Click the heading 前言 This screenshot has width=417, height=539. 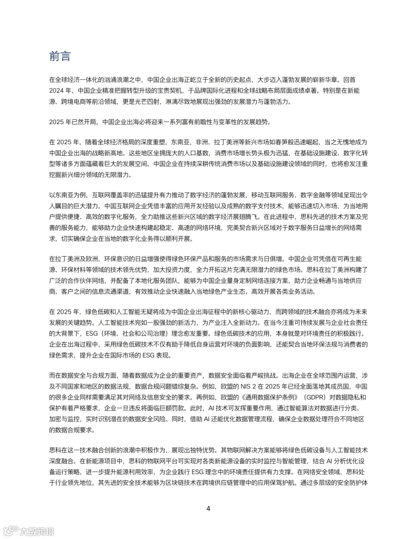tap(60, 57)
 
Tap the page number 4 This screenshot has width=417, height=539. tap(208, 508)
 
